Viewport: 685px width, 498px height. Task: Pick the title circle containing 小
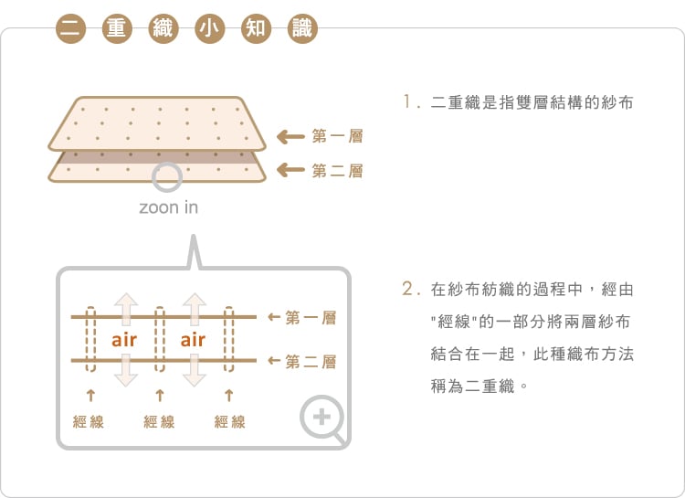point(207,28)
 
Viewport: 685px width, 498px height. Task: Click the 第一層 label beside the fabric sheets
point(337,137)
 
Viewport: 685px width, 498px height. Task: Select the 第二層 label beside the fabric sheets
point(337,170)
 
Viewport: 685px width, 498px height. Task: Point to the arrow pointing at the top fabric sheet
point(290,137)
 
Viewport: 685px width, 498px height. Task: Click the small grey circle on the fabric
point(167,177)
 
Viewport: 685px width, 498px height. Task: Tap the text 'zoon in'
point(168,207)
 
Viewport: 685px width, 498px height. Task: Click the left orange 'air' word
point(124,340)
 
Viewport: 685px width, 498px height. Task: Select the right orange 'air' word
point(193,340)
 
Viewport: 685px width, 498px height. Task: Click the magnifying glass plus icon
point(322,419)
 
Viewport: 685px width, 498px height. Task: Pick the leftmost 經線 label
point(89,422)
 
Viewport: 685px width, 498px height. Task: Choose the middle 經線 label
point(160,422)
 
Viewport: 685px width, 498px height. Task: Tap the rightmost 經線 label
point(229,422)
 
